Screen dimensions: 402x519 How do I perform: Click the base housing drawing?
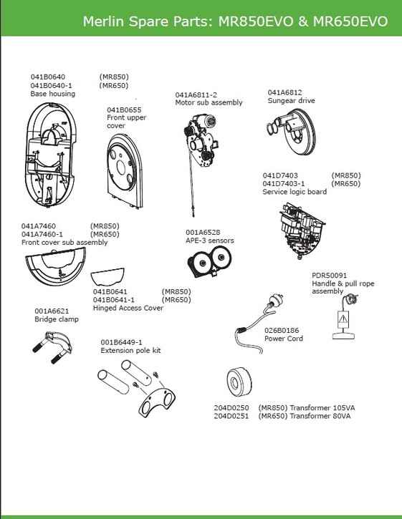point(50,155)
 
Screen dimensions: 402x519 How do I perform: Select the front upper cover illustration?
point(125,171)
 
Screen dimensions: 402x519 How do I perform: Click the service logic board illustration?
point(302,231)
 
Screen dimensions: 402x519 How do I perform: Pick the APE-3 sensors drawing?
point(209,262)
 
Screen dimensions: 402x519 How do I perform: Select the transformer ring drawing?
point(239,382)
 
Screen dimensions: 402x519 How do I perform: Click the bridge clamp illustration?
point(52,347)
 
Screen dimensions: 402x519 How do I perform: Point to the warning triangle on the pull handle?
point(343,319)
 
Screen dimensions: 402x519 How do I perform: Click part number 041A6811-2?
point(196,94)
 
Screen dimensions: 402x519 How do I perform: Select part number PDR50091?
point(330,276)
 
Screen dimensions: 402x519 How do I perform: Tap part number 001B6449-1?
point(121,342)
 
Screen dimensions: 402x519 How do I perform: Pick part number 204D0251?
point(231,416)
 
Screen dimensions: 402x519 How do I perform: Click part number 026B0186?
point(282,330)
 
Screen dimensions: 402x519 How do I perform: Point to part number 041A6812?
point(285,92)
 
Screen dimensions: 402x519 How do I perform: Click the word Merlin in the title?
point(103,21)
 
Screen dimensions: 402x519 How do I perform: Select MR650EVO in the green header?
point(350,21)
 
